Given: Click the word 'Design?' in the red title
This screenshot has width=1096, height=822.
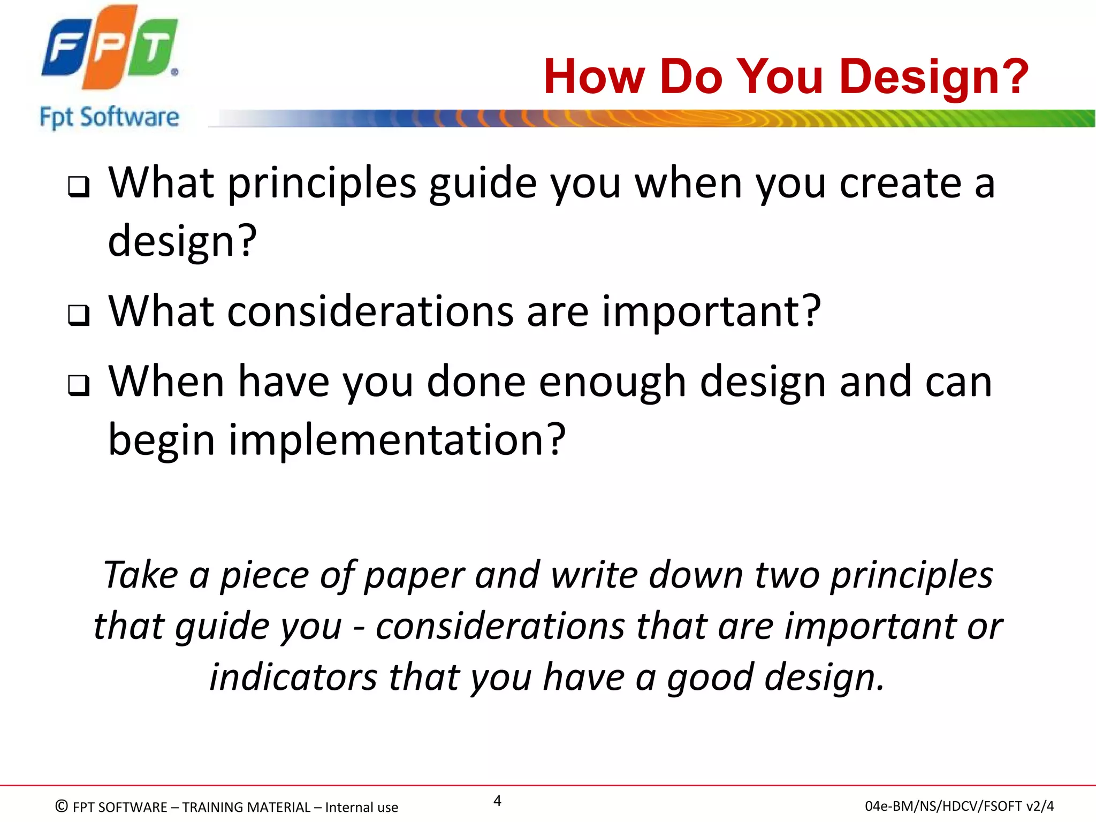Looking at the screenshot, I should click(934, 77).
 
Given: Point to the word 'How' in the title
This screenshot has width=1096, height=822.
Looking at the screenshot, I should click(594, 77).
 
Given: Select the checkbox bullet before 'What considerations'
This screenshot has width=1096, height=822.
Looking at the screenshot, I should click(79, 315).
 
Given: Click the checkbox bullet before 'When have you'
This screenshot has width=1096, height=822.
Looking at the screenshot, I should click(79, 386).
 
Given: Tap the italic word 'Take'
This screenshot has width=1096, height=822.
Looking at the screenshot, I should click(140, 576).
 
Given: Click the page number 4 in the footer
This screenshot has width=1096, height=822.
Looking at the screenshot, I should click(497, 801).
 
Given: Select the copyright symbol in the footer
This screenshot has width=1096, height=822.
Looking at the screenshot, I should click(62, 806).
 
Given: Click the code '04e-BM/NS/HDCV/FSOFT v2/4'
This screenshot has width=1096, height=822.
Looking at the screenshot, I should click(959, 806).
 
